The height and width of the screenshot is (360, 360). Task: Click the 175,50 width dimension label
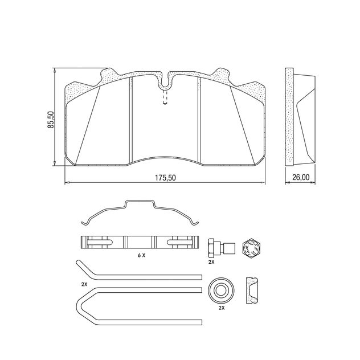(x=165, y=178)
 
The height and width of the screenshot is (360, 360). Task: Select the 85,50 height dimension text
(x=50, y=120)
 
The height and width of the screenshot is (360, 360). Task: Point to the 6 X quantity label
(x=141, y=256)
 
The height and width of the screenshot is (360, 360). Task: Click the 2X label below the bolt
(x=211, y=263)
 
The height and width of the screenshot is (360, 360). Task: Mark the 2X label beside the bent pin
(x=84, y=283)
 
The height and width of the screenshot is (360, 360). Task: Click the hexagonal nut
(x=251, y=247)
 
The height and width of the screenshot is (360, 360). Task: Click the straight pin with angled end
(x=137, y=276)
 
